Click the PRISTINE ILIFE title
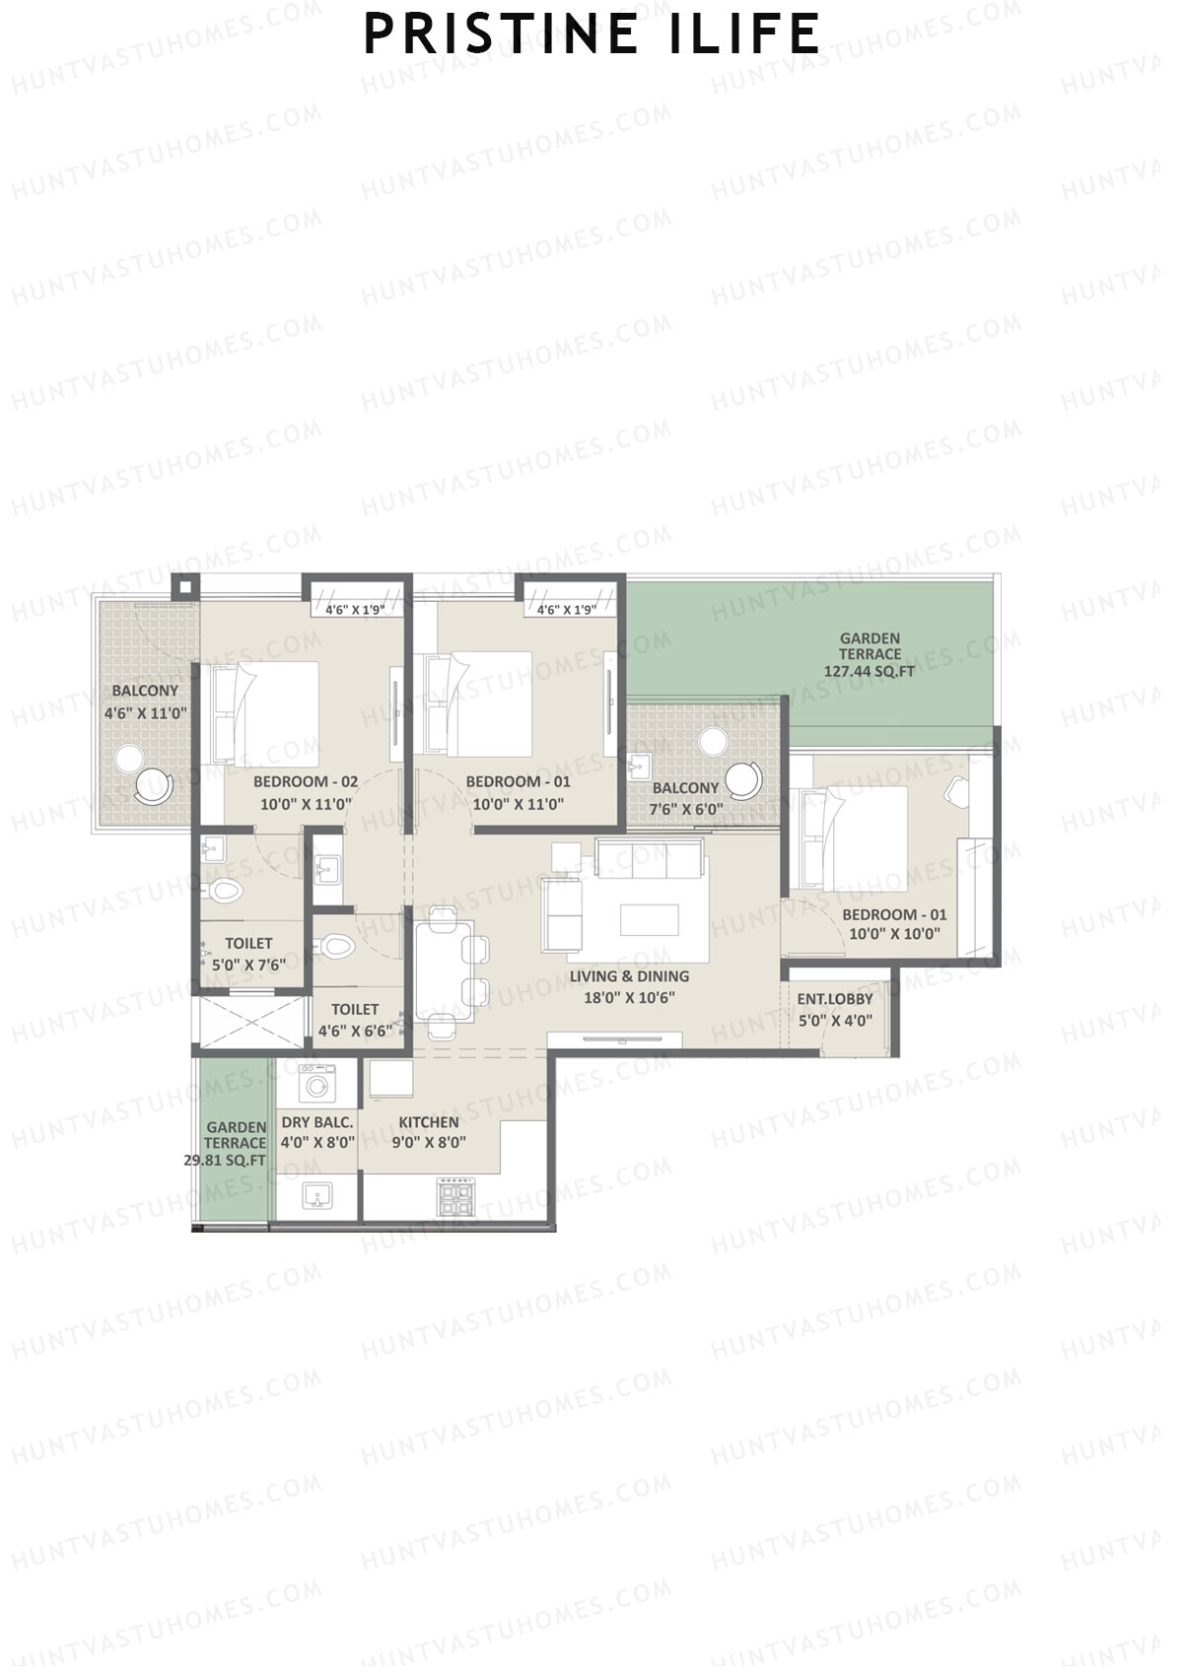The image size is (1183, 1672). [x=591, y=33]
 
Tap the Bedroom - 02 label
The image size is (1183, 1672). [x=306, y=782]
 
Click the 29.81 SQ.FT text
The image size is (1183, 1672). [x=225, y=1161]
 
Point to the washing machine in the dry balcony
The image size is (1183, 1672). [x=315, y=1086]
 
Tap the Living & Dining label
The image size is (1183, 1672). [x=629, y=976]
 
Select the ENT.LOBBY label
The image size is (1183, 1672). [x=835, y=999]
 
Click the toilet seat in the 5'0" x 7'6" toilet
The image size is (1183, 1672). [x=225, y=891]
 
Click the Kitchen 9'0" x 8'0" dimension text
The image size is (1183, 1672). [x=429, y=1143]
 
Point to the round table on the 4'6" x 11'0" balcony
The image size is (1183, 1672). [x=129, y=759]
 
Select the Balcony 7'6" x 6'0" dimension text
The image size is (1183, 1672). [x=686, y=810]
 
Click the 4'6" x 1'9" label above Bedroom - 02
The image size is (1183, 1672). [x=354, y=610]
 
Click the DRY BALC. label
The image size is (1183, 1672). [x=316, y=1122]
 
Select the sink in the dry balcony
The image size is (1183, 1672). [x=315, y=1196]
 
